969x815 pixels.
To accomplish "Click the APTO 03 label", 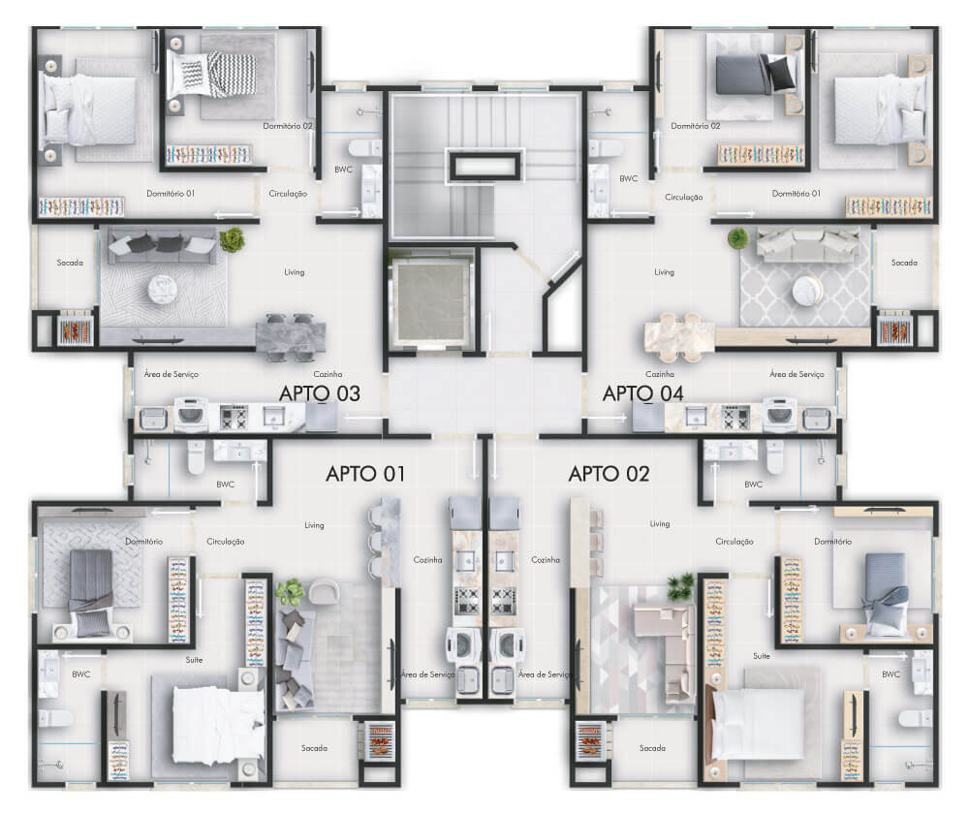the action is click(x=320, y=393).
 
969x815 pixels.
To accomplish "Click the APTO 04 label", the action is click(x=642, y=393).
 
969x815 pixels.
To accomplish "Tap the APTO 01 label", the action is click(x=365, y=474).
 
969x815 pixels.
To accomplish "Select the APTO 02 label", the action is click(x=609, y=474).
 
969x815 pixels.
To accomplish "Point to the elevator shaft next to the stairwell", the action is click(x=429, y=301).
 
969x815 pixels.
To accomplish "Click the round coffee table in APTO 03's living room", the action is click(x=163, y=289).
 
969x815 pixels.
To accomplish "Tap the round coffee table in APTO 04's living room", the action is click(x=807, y=290).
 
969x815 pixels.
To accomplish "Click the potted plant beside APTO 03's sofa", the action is click(x=232, y=239).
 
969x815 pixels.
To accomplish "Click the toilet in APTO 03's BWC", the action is click(x=364, y=147).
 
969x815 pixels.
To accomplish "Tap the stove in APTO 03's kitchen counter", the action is click(x=234, y=418).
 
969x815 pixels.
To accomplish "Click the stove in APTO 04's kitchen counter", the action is click(x=736, y=418).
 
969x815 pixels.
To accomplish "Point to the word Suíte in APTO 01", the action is click(x=194, y=660).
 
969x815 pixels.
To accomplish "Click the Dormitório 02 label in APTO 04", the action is click(x=696, y=126).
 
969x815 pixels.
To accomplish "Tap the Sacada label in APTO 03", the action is click(x=70, y=263).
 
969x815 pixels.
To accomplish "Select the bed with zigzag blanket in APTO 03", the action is click(x=211, y=75).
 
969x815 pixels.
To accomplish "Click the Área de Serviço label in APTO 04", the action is click(x=797, y=374).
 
